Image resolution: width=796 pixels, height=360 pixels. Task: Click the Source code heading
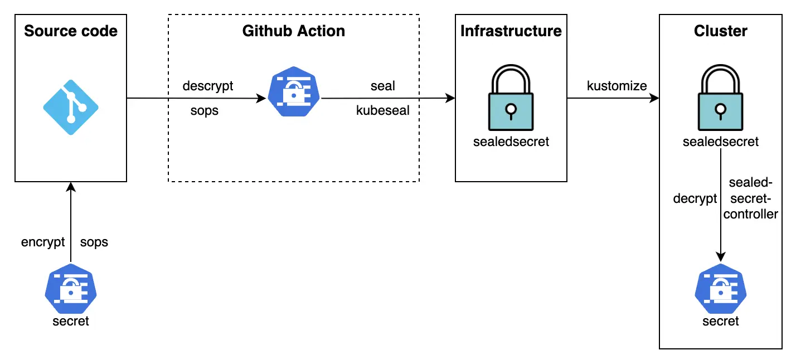[x=71, y=31]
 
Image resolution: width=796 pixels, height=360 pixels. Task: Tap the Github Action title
[x=294, y=31]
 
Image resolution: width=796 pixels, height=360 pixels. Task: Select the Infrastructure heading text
[x=511, y=31]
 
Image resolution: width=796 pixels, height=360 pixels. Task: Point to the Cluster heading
[x=720, y=31]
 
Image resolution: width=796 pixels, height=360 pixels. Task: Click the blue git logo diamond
[x=71, y=108]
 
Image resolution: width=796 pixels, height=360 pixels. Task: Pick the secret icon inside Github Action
[x=294, y=91]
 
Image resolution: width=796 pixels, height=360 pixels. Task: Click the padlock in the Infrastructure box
[x=511, y=98]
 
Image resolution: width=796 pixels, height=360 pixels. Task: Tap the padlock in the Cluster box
[x=720, y=98]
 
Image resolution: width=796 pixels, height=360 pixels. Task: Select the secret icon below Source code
[x=71, y=289]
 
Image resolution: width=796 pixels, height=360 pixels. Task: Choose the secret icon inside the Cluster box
[x=721, y=289]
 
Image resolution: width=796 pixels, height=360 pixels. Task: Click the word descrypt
[x=208, y=86]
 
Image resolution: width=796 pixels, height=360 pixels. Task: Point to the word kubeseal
[x=383, y=110]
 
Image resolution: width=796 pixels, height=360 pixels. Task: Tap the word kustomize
[x=617, y=86]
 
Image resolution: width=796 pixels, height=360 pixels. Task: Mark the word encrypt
[x=43, y=242]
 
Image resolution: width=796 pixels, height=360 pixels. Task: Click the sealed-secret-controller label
[x=750, y=198]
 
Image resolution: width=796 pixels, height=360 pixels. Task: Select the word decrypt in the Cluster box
[x=695, y=198]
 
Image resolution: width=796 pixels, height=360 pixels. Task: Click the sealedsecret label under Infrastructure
[x=511, y=142]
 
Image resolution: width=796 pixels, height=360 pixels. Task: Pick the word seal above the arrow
[x=383, y=86]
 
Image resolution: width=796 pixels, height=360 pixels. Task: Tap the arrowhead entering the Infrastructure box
[x=450, y=98]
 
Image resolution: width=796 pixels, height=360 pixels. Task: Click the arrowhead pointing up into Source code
[x=71, y=187]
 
